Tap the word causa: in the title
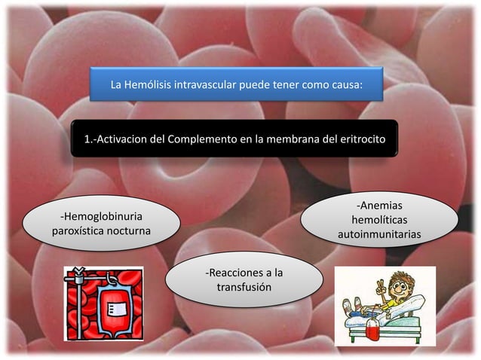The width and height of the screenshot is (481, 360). pos(345,85)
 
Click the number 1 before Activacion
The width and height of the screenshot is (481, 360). pos(87,139)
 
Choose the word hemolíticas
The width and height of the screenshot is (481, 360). pos(379,220)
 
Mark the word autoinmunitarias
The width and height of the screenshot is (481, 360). pos(379,235)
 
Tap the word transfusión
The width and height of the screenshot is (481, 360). pos(244,288)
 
